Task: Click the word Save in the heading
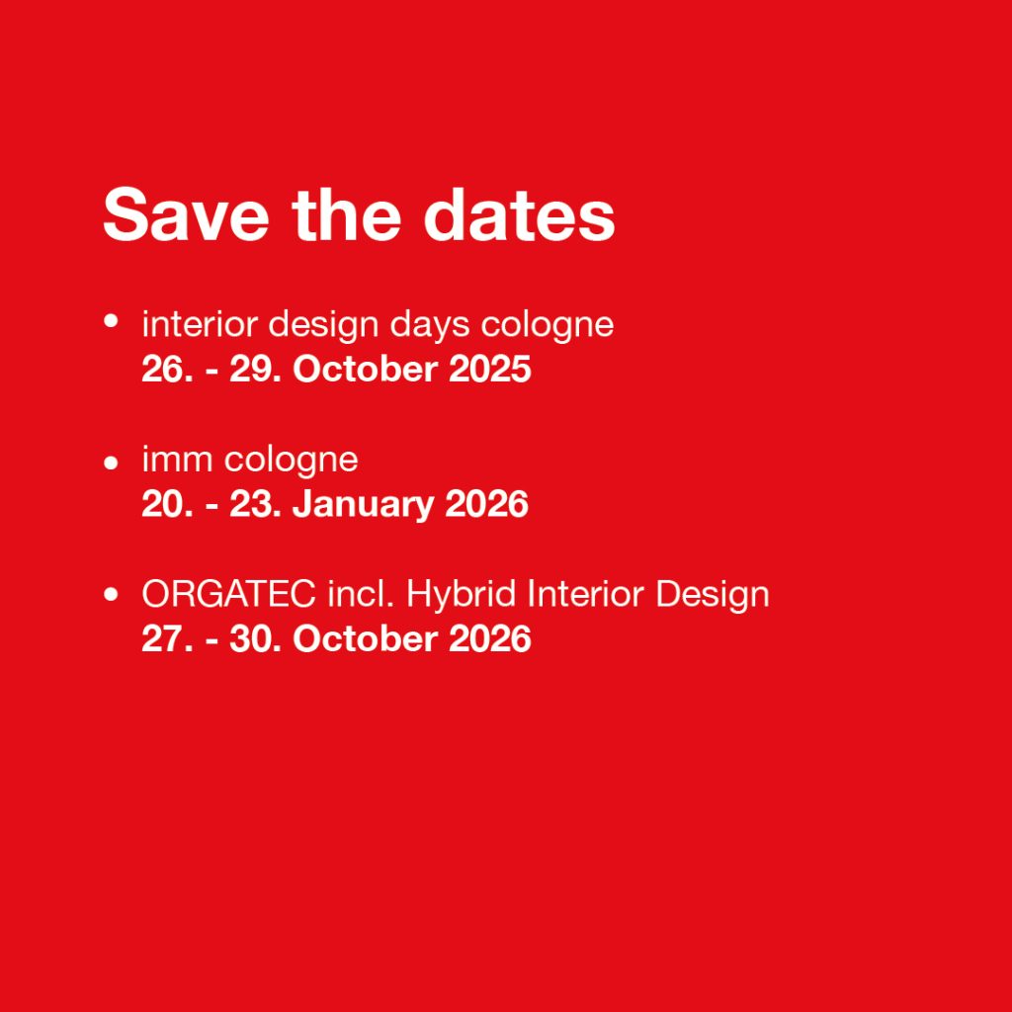186,214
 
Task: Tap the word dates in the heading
519,214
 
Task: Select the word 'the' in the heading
347,214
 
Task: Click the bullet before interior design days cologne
111,321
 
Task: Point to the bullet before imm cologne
111,463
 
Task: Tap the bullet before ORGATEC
111,594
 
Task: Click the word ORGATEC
228,594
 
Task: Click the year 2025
489,370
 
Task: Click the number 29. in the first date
255,370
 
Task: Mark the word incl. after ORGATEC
361,594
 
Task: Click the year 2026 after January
486,504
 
